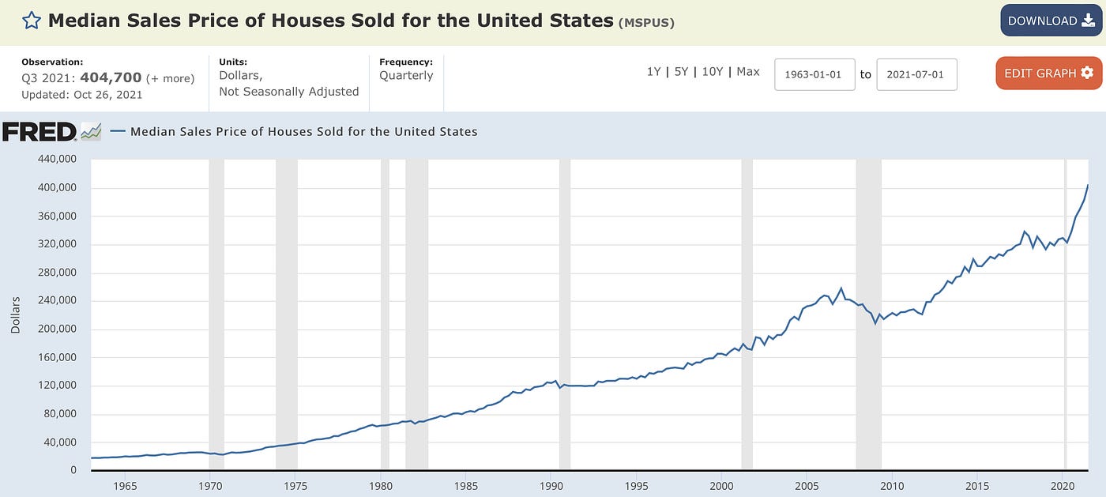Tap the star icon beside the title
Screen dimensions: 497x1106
[x=31, y=21]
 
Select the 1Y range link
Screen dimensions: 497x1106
[x=653, y=72]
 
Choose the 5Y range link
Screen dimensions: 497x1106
[x=681, y=72]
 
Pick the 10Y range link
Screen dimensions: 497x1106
[x=712, y=72]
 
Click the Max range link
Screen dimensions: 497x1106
[x=747, y=72]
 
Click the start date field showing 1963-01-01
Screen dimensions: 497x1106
[x=814, y=74]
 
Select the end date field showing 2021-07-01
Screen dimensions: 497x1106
[x=916, y=74]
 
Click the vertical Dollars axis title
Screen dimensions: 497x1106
[x=16, y=315]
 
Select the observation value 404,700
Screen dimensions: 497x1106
[x=111, y=77]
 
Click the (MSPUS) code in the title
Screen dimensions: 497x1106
[x=646, y=22]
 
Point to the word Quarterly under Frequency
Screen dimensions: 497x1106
[x=406, y=76]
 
